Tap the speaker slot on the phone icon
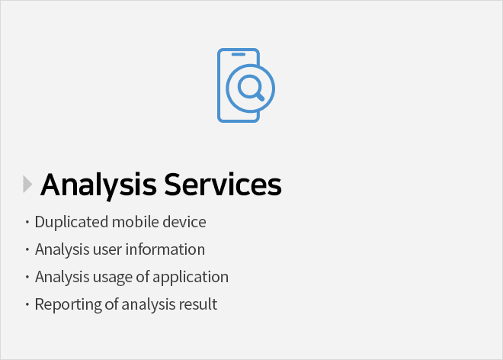pyautogui.click(x=239, y=54)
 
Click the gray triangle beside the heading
pyautogui.click(x=27, y=185)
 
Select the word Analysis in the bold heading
pyautogui.click(x=98, y=185)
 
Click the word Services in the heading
pyautogui.click(x=223, y=185)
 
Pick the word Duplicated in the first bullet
pyautogui.click(x=72, y=222)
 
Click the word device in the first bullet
pyautogui.click(x=184, y=222)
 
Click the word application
pyautogui.click(x=191, y=277)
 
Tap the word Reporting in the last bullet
pyautogui.click(x=68, y=305)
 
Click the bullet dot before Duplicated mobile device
pyautogui.click(x=27, y=222)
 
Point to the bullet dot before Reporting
pyautogui.click(x=27, y=304)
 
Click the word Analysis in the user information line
pyautogui.click(x=62, y=250)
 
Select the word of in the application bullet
pyautogui.click(x=143, y=277)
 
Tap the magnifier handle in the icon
pyautogui.click(x=260, y=96)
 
